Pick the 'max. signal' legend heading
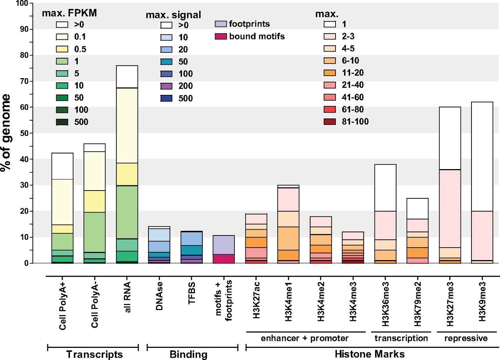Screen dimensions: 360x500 coord(173,15)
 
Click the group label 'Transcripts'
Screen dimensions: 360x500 coord(94,354)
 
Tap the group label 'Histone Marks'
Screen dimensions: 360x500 coord(369,354)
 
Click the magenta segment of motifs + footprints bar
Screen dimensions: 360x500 coord(223,258)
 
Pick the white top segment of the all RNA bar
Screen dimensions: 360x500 coord(127,77)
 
